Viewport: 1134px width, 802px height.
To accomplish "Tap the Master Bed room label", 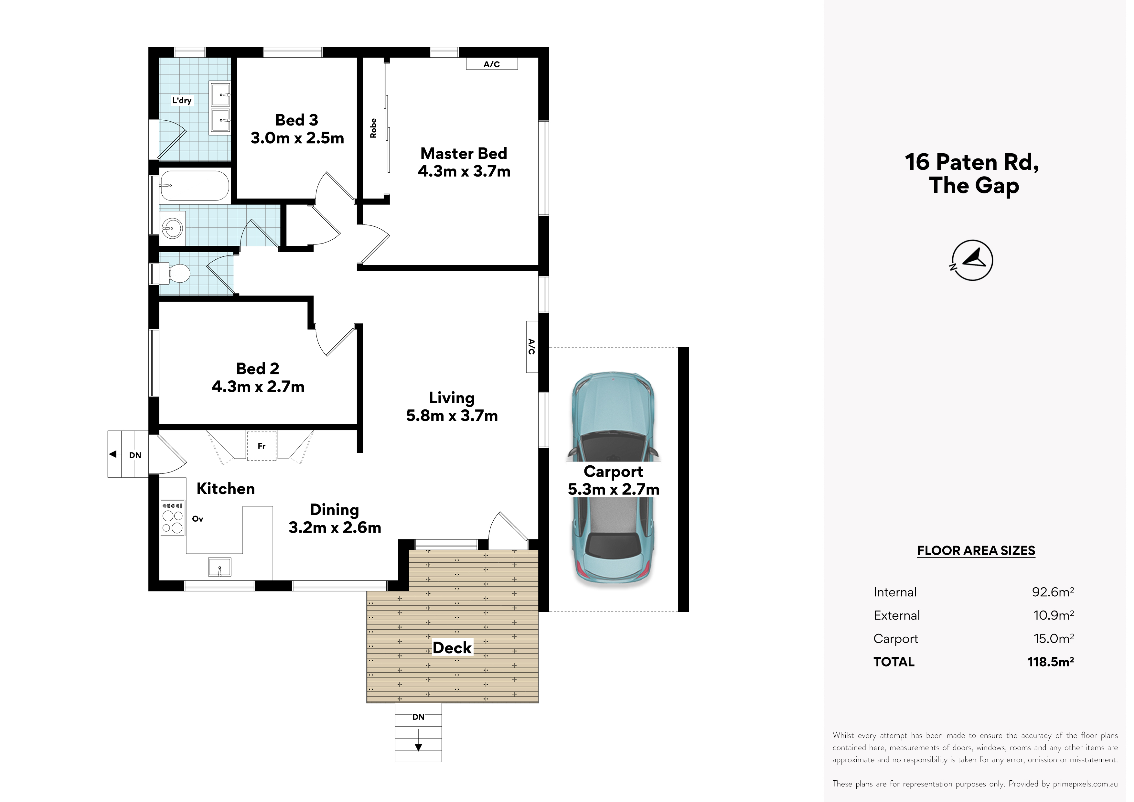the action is coord(464,153).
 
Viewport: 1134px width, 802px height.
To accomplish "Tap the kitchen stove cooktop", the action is coord(172,517).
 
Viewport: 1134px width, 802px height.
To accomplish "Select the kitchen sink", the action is coord(220,567).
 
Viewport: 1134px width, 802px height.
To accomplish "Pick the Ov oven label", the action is coord(198,519).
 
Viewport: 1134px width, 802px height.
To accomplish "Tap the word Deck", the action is coord(452,648).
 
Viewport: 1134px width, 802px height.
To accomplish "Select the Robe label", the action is coord(373,128).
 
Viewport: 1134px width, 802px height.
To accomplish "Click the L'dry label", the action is coord(182,100).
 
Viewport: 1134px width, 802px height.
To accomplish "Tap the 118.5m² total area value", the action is coord(1051,662).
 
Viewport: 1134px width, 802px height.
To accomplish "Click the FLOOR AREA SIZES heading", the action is coord(976,550).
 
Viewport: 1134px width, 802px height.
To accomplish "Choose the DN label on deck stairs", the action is coord(418,717).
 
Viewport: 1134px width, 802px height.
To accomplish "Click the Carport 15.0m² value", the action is coord(1054,638).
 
